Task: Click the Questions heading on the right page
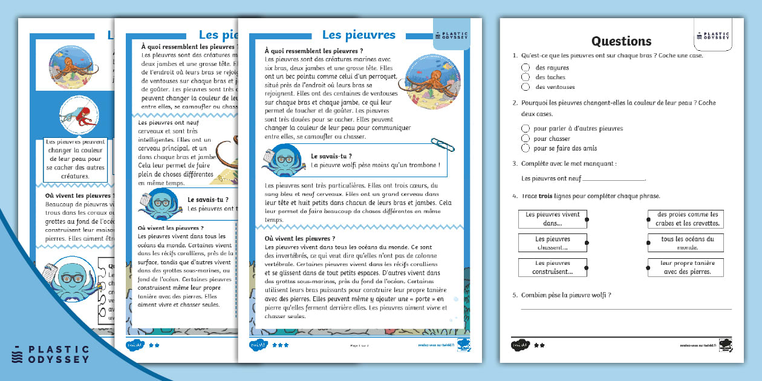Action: coord(621,41)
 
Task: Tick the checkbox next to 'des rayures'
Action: coord(526,68)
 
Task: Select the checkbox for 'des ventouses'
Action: coord(526,87)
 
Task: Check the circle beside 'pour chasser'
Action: coord(526,138)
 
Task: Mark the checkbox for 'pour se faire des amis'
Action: coord(526,148)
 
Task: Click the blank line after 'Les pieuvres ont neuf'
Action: coord(613,179)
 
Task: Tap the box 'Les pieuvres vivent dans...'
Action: coord(552,219)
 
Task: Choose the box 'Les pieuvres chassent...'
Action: coord(552,243)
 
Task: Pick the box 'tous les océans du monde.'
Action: coord(686,243)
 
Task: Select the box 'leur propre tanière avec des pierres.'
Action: coord(686,267)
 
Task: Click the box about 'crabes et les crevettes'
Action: coord(686,219)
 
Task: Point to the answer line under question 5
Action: coord(626,308)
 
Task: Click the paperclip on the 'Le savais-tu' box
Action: coord(443,145)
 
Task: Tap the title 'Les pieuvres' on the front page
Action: coord(359,35)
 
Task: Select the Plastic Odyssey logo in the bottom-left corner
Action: coord(50,354)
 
